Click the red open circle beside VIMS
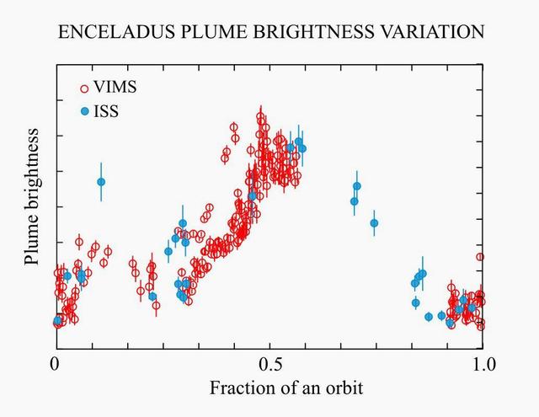click(84, 88)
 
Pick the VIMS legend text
click(115, 88)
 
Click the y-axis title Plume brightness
click(32, 197)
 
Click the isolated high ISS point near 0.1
click(101, 182)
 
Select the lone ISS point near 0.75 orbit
click(374, 223)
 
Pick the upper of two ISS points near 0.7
click(357, 186)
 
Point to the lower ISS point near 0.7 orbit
click(354, 201)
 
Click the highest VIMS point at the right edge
click(480, 257)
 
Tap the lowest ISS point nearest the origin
click(57, 321)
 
